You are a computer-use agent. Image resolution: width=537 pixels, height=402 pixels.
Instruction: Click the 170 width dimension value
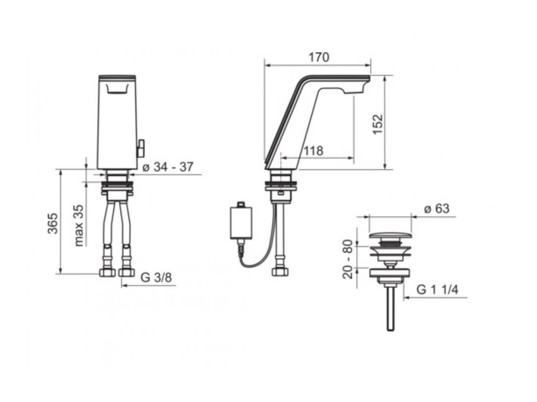click(318, 57)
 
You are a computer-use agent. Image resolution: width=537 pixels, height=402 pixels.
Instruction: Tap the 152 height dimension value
click(378, 124)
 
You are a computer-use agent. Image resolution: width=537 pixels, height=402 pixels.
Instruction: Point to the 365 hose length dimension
click(53, 223)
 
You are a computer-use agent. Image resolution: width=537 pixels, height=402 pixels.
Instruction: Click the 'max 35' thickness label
click(79, 225)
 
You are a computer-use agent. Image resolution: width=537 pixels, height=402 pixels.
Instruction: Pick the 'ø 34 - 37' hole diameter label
click(168, 167)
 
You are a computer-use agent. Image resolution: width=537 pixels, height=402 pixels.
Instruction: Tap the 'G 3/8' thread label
click(156, 277)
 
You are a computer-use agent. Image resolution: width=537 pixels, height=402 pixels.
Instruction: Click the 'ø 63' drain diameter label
click(437, 208)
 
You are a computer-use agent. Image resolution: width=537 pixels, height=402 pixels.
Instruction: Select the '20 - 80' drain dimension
click(348, 259)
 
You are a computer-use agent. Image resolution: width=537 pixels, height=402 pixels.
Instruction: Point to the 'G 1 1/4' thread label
click(437, 290)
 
